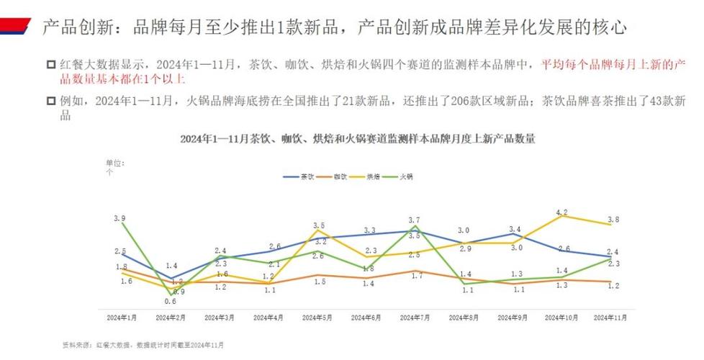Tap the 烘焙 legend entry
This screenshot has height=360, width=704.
tap(374, 176)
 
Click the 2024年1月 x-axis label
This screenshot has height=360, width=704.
tap(122, 317)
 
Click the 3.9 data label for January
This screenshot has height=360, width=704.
tap(119, 217)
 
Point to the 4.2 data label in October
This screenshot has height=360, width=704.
tap(562, 212)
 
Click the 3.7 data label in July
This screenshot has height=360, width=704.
tap(413, 220)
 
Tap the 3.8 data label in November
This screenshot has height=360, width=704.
tap(612, 219)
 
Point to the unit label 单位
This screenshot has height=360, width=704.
tap(114, 163)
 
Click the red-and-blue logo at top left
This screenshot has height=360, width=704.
tap(16, 27)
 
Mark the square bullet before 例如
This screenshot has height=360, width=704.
tap(50, 102)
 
